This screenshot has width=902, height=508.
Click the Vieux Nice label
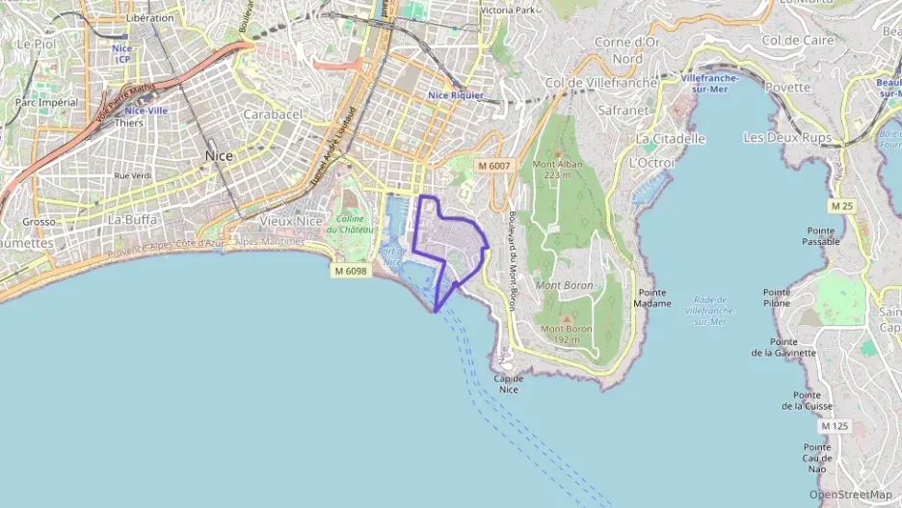click(x=292, y=221)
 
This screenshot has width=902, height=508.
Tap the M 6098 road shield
click(x=352, y=271)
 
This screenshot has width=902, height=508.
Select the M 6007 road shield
click(x=492, y=166)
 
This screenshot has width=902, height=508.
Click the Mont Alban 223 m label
click(x=558, y=170)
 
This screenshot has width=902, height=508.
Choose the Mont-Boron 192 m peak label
click(x=566, y=334)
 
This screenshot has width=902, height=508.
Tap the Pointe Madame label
click(x=653, y=298)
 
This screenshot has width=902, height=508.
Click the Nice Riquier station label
click(x=456, y=95)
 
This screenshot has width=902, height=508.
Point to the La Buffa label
click(x=132, y=219)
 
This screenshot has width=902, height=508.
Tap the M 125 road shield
click(x=835, y=425)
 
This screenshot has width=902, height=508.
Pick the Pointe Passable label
click(x=820, y=236)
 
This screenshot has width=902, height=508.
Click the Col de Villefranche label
click(x=601, y=83)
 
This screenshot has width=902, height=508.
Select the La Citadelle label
click(x=671, y=139)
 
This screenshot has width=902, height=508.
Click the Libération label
click(x=150, y=17)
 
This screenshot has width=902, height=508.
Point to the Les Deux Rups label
click(x=787, y=138)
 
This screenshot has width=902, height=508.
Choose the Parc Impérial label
click(x=45, y=102)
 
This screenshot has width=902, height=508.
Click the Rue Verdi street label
click(x=133, y=175)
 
